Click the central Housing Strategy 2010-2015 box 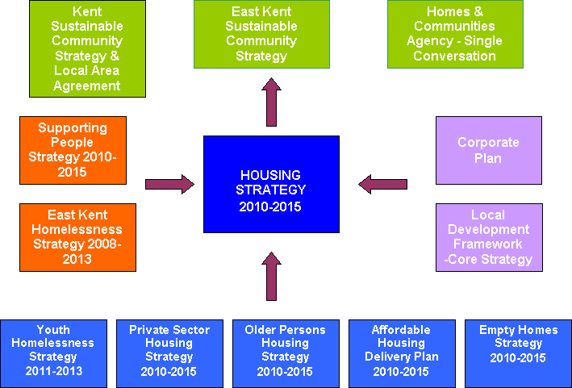pos(271,190)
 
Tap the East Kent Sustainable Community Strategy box pos(261,34)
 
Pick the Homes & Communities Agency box pos(454,34)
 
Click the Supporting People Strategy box pos(73,150)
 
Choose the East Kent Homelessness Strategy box pos(78,237)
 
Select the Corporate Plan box pos(488,150)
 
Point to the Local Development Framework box pos(488,237)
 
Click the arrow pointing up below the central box pos(271,276)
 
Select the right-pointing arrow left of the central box pos(169,185)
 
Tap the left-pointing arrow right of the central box pos(382,185)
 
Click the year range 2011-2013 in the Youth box pos(53,371)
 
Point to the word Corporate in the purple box pos(488,143)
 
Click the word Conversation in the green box pos(454,56)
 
